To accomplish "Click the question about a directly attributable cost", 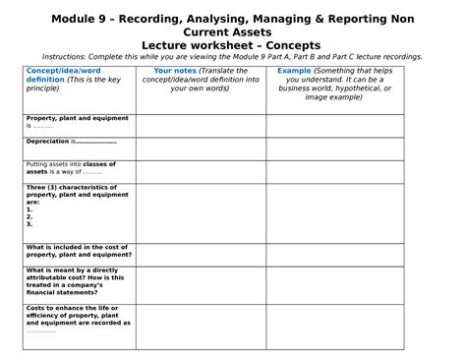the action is coord(76,280).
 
